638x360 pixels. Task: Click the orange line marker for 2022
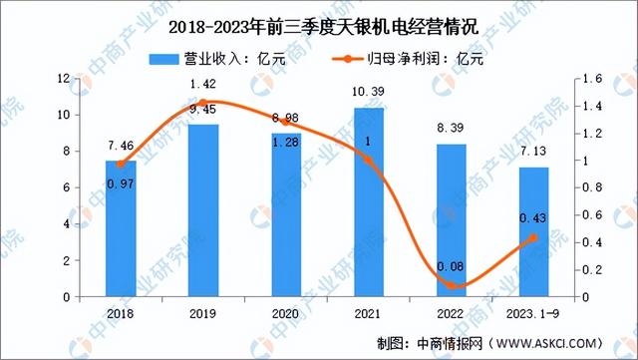(x=452, y=285)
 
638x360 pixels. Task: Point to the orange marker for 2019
(x=204, y=103)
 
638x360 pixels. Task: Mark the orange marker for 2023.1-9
(x=533, y=237)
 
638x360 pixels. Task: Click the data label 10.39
(x=369, y=93)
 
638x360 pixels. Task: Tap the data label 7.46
(x=121, y=146)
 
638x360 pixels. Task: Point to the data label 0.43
(x=533, y=218)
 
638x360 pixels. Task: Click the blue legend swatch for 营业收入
(x=160, y=58)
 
